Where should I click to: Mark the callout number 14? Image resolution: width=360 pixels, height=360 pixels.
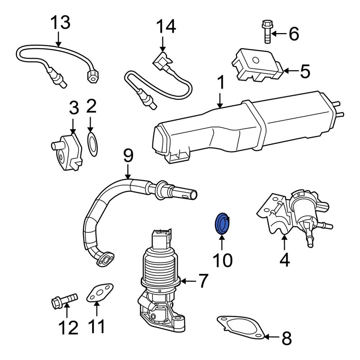pyautogui.click(x=166, y=27)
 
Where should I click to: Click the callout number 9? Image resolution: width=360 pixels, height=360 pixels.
pyautogui.click(x=128, y=156)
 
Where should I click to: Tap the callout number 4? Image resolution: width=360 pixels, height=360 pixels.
pyautogui.click(x=284, y=260)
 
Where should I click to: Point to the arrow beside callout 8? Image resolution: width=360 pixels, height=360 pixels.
pyautogui.click(x=272, y=337)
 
